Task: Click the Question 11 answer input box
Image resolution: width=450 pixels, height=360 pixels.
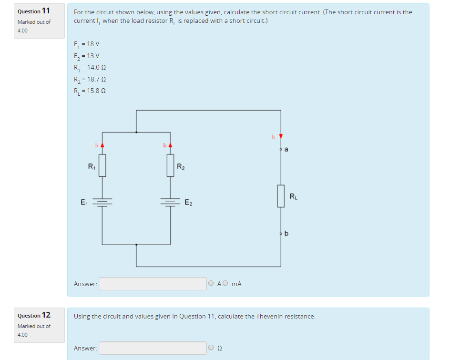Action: coord(153,284)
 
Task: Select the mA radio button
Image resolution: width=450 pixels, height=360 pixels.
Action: coord(226,284)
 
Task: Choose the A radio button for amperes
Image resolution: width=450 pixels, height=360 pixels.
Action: coord(211,284)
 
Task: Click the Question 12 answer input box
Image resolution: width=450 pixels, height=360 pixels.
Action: coord(153,348)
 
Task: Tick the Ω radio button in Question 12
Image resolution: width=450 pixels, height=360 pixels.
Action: coord(211,348)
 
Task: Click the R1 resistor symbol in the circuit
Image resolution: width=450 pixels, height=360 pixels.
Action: coord(102,165)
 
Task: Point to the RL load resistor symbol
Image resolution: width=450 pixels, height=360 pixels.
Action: coord(281,196)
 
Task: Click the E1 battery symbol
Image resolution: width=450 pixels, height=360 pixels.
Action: coord(102,202)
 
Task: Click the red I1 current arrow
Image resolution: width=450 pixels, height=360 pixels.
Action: coord(102,144)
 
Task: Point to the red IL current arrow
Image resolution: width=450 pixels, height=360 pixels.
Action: coord(281,137)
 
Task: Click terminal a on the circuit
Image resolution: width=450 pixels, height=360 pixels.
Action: coord(281,150)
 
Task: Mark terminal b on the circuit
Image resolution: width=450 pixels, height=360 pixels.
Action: coord(281,234)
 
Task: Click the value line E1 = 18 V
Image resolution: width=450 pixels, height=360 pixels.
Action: coord(87,44)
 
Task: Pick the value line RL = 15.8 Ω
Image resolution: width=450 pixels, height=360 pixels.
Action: coord(90,92)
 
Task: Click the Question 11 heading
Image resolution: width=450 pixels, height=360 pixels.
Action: coord(34,10)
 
